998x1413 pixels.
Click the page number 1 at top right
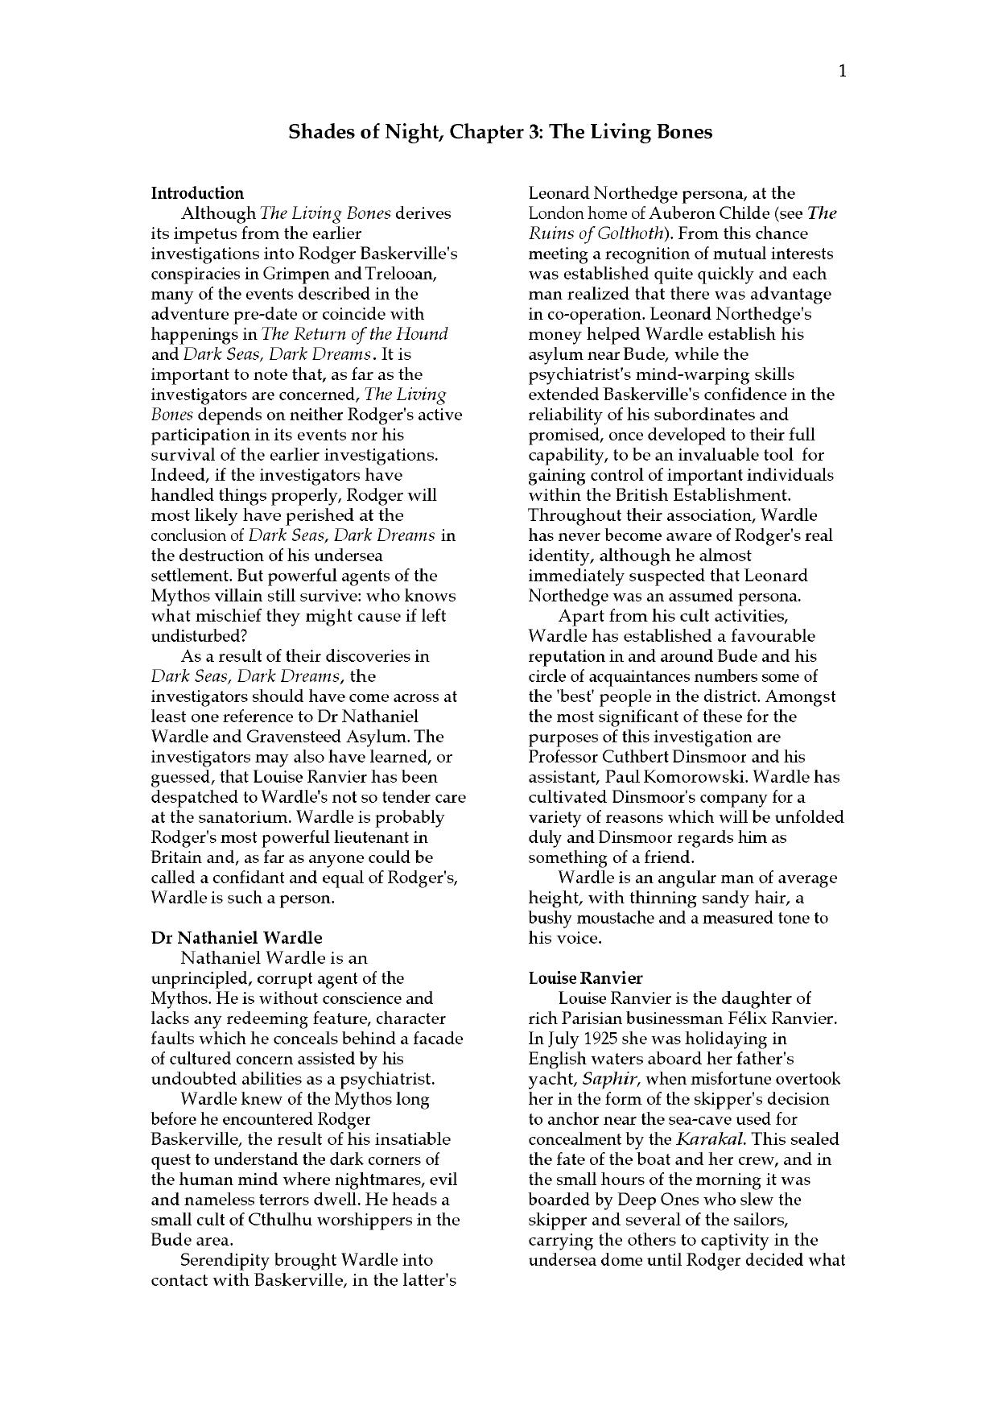pos(842,72)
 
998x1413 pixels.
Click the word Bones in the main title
pos(685,132)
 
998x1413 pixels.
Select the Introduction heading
pos(197,193)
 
